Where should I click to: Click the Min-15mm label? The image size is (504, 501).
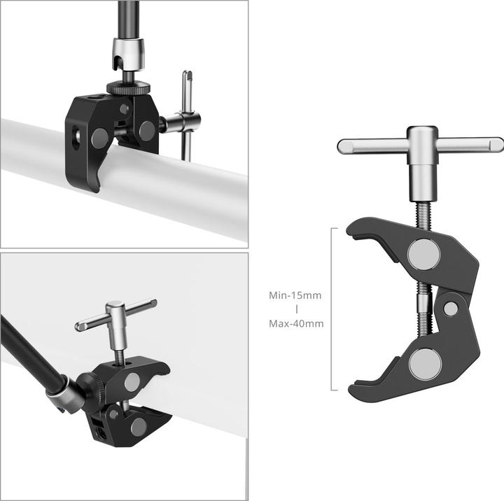click(295, 295)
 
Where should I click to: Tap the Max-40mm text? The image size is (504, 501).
click(296, 324)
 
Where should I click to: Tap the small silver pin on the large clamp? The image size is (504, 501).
click(451, 307)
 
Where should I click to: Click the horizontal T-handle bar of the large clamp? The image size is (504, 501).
click(420, 146)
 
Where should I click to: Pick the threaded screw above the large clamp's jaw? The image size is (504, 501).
click(422, 210)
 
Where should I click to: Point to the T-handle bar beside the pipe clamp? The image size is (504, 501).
click(187, 115)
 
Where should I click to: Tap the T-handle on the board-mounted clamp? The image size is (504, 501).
click(116, 314)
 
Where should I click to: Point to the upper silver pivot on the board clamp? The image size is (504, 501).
click(133, 381)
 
